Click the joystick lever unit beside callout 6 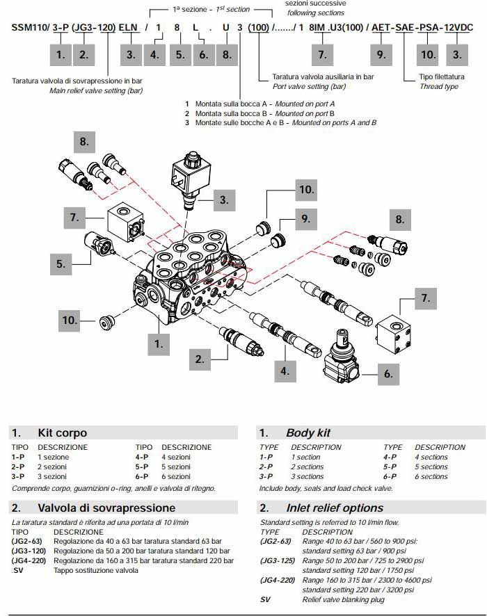point(342,358)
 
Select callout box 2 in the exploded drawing point(200,359)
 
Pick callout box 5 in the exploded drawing point(61,263)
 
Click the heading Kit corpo point(62,432)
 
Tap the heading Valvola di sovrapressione point(106,508)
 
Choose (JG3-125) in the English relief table point(277,560)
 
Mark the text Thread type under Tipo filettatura point(439,87)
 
